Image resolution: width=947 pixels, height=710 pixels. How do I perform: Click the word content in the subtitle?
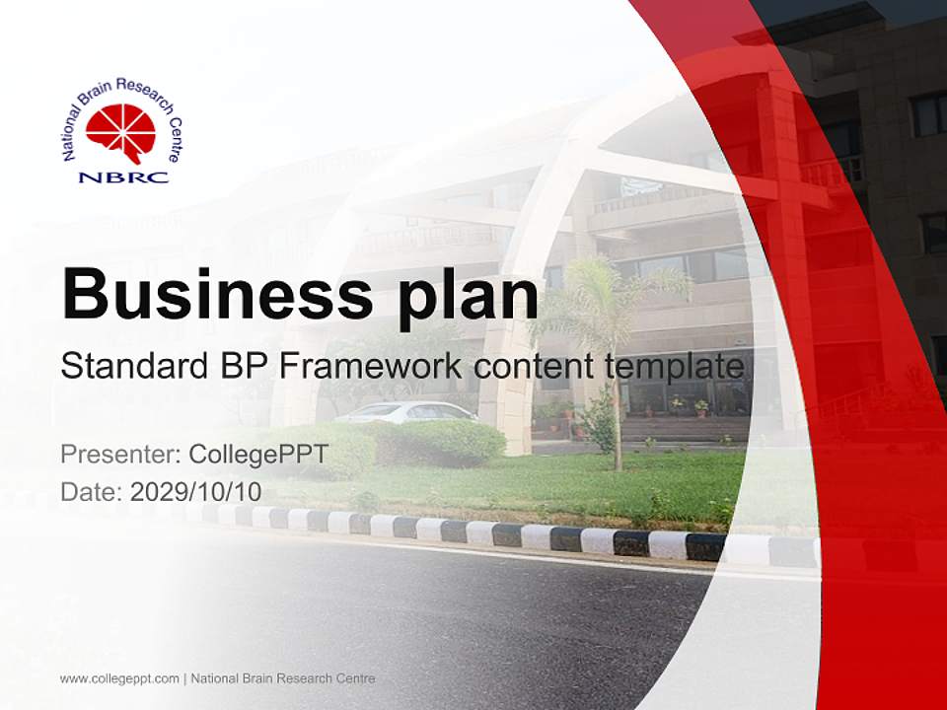pos(532,367)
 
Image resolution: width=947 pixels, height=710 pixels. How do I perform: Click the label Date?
pos(92,491)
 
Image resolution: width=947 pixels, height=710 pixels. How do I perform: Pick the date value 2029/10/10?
pos(195,491)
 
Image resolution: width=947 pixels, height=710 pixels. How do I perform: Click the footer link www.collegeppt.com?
pos(119,678)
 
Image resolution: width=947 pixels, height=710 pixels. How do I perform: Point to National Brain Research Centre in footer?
pos(283,678)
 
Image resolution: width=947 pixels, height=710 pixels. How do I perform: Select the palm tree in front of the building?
pos(616,325)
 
